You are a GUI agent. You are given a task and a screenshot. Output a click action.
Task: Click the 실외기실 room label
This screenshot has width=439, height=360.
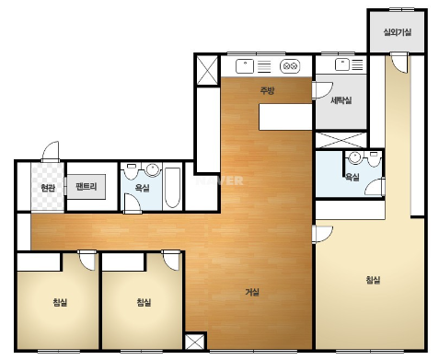(x=398, y=32)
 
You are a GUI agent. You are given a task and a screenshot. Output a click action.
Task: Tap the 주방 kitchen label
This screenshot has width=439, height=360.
(x=267, y=90)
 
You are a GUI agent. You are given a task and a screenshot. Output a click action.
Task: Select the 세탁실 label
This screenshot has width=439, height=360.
(x=341, y=100)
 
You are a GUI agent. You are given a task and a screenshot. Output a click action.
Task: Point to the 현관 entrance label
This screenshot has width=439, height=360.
(x=48, y=188)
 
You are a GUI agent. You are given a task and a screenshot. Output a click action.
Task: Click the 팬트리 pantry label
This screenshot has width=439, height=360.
(x=87, y=186)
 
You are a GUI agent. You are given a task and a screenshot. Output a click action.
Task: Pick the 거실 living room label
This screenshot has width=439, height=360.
(x=252, y=292)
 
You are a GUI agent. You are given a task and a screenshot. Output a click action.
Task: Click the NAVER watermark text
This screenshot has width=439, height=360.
(x=220, y=180)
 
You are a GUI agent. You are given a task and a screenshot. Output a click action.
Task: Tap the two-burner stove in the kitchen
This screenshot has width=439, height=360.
(x=290, y=66)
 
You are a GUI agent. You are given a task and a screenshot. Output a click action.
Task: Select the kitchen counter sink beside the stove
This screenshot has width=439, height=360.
(x=245, y=66)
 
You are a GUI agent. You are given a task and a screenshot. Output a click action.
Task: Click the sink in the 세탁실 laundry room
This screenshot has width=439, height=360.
(x=342, y=64)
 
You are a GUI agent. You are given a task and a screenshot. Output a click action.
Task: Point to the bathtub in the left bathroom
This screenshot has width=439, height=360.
(x=172, y=188)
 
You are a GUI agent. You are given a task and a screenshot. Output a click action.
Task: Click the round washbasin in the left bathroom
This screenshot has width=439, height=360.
(x=153, y=169)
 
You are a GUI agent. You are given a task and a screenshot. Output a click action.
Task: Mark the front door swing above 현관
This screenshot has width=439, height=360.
(x=51, y=152)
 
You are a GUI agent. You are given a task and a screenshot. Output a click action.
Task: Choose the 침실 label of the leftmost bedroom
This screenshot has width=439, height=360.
(x=60, y=303)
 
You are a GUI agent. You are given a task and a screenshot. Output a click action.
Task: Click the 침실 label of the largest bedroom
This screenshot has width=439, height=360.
(x=373, y=280)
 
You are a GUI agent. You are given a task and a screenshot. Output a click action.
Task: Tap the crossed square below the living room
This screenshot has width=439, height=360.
(x=195, y=342)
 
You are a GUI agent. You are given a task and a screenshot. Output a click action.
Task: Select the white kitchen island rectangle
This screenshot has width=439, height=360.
(x=285, y=117)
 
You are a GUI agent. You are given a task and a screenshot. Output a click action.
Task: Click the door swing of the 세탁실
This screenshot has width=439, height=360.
(x=322, y=90)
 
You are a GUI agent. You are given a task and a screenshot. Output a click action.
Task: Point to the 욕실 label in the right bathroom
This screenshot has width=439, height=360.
(x=352, y=177)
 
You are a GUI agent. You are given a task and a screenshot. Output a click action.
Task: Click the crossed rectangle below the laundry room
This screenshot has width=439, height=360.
(x=341, y=140)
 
